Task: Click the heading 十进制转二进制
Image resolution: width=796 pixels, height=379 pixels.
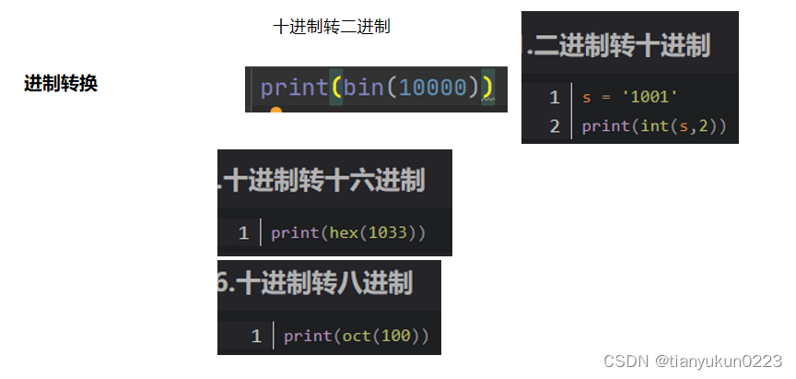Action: coord(332,27)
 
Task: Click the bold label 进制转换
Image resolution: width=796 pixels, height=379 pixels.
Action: coord(61,84)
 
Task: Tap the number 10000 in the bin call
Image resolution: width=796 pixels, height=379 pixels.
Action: coord(435,88)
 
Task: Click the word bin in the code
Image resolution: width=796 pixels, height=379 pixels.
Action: coord(363,88)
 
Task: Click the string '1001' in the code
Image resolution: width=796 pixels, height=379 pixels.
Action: coord(650,97)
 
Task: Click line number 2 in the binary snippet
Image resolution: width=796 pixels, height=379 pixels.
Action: coord(555,126)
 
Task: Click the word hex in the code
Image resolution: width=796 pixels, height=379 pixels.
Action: coord(342,232)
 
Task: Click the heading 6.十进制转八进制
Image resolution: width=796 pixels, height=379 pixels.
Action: coord(316,283)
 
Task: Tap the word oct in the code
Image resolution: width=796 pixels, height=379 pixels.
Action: coord(355,336)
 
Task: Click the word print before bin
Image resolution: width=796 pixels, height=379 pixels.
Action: coord(294,88)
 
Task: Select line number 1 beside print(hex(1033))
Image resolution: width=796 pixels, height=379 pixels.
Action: coord(243,232)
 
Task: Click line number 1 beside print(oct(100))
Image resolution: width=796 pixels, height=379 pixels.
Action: coord(256,336)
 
